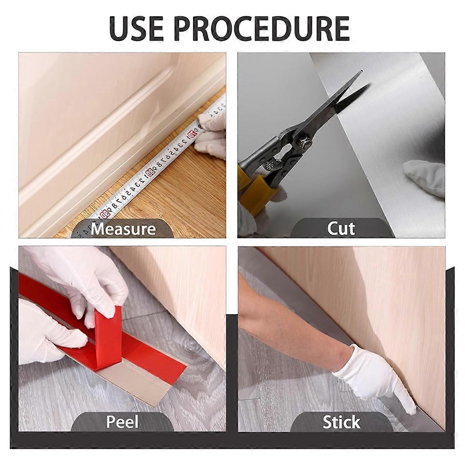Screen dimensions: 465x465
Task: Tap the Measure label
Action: [123, 229]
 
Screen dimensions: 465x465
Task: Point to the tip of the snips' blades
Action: [362, 71]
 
